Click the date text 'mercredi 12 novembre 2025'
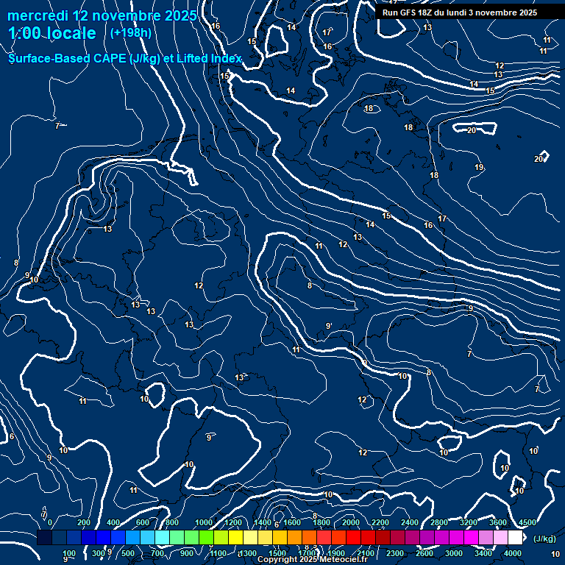click(102, 15)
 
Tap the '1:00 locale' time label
click(52, 33)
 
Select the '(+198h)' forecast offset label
click(131, 33)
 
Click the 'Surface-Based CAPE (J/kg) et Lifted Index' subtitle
click(125, 58)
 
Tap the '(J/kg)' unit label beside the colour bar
click(544, 539)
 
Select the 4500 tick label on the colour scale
click(527, 522)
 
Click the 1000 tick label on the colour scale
click(204, 522)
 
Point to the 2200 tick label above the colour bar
click(380, 522)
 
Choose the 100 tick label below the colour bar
click(69, 553)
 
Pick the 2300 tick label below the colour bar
click(395, 553)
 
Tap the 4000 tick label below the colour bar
click(513, 553)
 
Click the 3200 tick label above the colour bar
click(469, 522)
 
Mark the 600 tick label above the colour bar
click(143, 522)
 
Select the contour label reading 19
click(479, 168)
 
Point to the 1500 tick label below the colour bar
click(277, 553)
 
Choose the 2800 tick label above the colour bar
click(439, 522)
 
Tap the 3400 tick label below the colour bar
click(483, 553)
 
